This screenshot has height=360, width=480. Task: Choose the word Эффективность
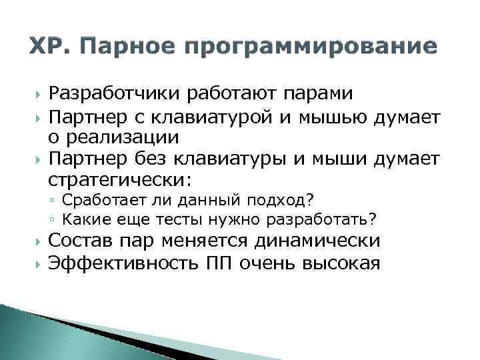tap(122, 263)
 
